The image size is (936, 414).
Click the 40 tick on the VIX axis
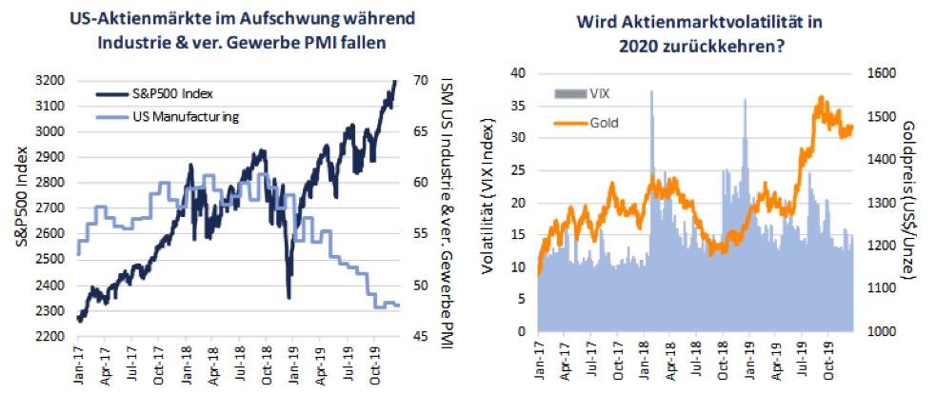(520, 72)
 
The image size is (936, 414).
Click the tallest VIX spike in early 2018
(651, 91)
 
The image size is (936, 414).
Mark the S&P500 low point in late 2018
(288, 297)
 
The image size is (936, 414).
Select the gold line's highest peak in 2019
(820, 97)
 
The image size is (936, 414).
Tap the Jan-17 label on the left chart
(78, 367)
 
